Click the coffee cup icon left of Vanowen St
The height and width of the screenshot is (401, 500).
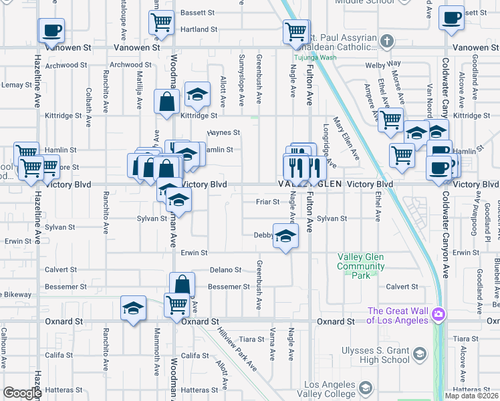(x=51, y=30)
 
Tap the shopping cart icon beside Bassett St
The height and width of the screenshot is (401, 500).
(x=162, y=23)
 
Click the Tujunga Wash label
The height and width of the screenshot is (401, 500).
(x=313, y=57)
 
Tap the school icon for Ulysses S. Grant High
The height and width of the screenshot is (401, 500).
(x=420, y=352)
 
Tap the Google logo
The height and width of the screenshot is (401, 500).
(x=21, y=393)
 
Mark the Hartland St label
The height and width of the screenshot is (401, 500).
(x=195, y=30)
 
